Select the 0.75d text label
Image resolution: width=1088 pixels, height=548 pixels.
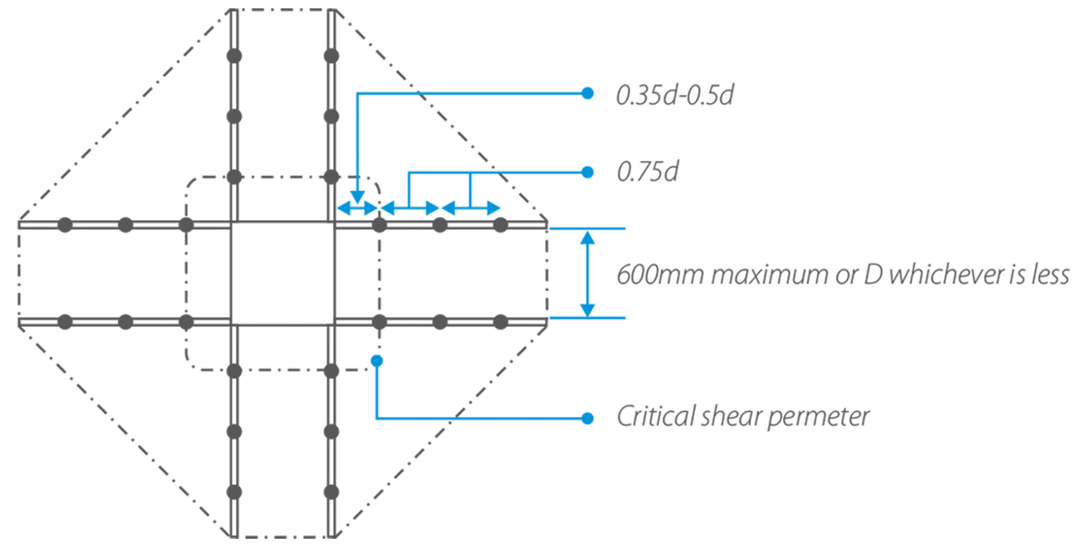[x=648, y=173]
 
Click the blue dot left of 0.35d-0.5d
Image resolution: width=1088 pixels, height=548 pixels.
[x=587, y=93]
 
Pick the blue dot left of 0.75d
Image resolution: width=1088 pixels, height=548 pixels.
[x=587, y=172]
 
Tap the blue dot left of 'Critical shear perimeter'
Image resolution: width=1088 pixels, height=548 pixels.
[x=587, y=418]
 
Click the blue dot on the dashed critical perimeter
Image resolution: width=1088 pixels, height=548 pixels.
[x=377, y=360]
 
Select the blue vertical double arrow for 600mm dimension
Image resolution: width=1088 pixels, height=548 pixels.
[x=587, y=273]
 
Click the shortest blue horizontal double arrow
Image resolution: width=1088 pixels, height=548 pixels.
[x=357, y=208]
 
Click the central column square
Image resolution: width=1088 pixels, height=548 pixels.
[x=282, y=272]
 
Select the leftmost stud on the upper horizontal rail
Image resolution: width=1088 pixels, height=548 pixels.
[x=66, y=225]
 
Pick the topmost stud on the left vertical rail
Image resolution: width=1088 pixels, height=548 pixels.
[x=234, y=56]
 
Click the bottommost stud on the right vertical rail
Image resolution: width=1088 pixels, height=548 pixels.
[x=331, y=492]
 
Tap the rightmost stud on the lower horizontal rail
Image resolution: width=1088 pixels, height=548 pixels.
[x=500, y=321]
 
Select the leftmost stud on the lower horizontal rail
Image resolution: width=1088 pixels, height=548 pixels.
[x=66, y=321]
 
